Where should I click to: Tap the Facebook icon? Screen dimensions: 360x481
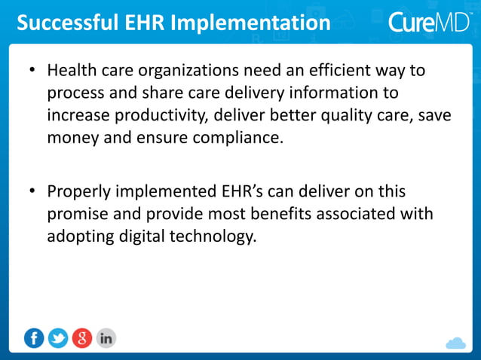[x=34, y=339]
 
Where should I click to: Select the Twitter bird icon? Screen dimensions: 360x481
[x=58, y=339]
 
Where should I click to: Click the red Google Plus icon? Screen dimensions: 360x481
[x=82, y=339]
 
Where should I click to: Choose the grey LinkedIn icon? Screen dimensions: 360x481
[x=106, y=339]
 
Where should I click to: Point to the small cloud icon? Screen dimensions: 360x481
[x=455, y=343]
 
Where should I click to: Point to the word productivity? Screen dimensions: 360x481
[x=158, y=116]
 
